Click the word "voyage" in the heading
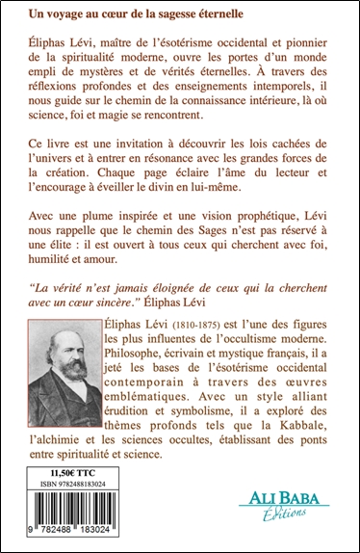point(63,15)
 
